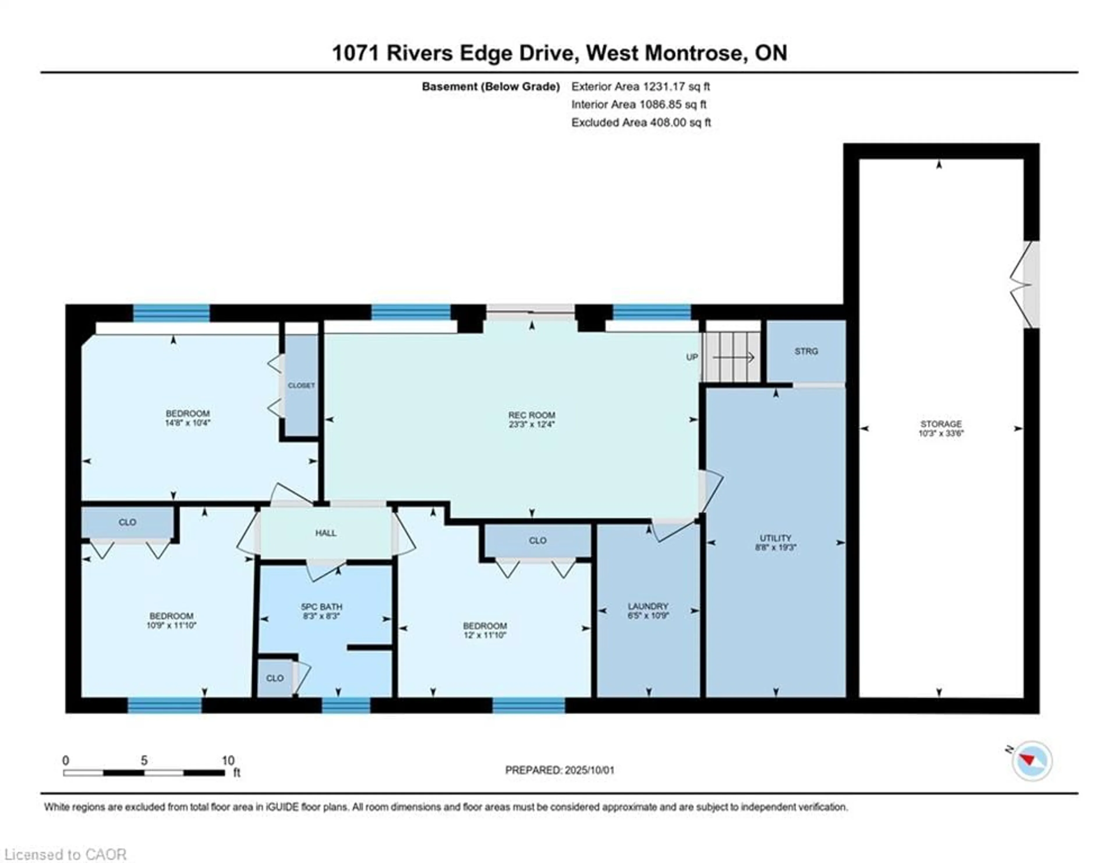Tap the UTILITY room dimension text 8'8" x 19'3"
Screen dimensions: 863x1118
point(776,547)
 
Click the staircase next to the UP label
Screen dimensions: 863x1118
point(731,357)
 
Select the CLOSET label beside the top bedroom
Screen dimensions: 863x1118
point(301,385)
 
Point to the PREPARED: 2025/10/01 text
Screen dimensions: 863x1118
point(560,770)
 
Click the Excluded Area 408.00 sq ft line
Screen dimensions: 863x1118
point(641,122)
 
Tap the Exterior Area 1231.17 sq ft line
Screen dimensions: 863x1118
point(641,86)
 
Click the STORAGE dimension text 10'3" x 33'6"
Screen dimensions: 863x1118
point(941,433)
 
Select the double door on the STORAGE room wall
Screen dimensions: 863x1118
point(1026,284)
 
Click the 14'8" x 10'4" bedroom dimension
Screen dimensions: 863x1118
point(187,423)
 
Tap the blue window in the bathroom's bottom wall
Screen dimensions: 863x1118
point(346,705)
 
